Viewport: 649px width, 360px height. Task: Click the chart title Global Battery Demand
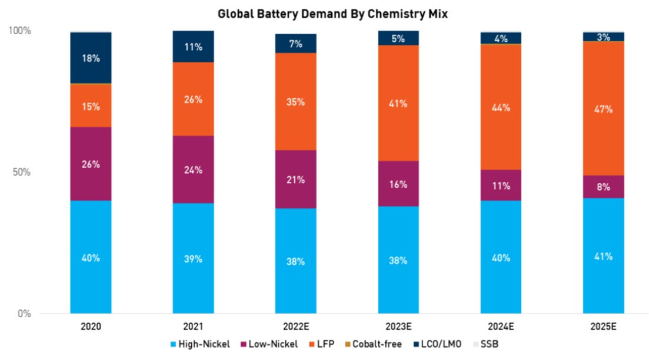332,15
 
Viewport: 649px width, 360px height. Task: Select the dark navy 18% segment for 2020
91,58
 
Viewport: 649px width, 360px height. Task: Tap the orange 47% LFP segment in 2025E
604,109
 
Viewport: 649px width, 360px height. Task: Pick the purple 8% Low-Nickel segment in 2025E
604,187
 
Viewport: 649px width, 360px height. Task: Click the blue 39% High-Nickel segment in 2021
193,258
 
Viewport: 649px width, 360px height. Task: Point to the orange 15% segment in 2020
91,106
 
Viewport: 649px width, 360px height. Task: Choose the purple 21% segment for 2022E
295,179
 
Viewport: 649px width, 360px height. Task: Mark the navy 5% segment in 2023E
398,38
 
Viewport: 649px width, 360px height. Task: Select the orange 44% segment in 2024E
501,107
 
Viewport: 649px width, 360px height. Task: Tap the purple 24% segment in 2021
193,170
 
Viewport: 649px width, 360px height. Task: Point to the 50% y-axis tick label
22,172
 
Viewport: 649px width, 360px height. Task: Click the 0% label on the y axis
24,314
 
